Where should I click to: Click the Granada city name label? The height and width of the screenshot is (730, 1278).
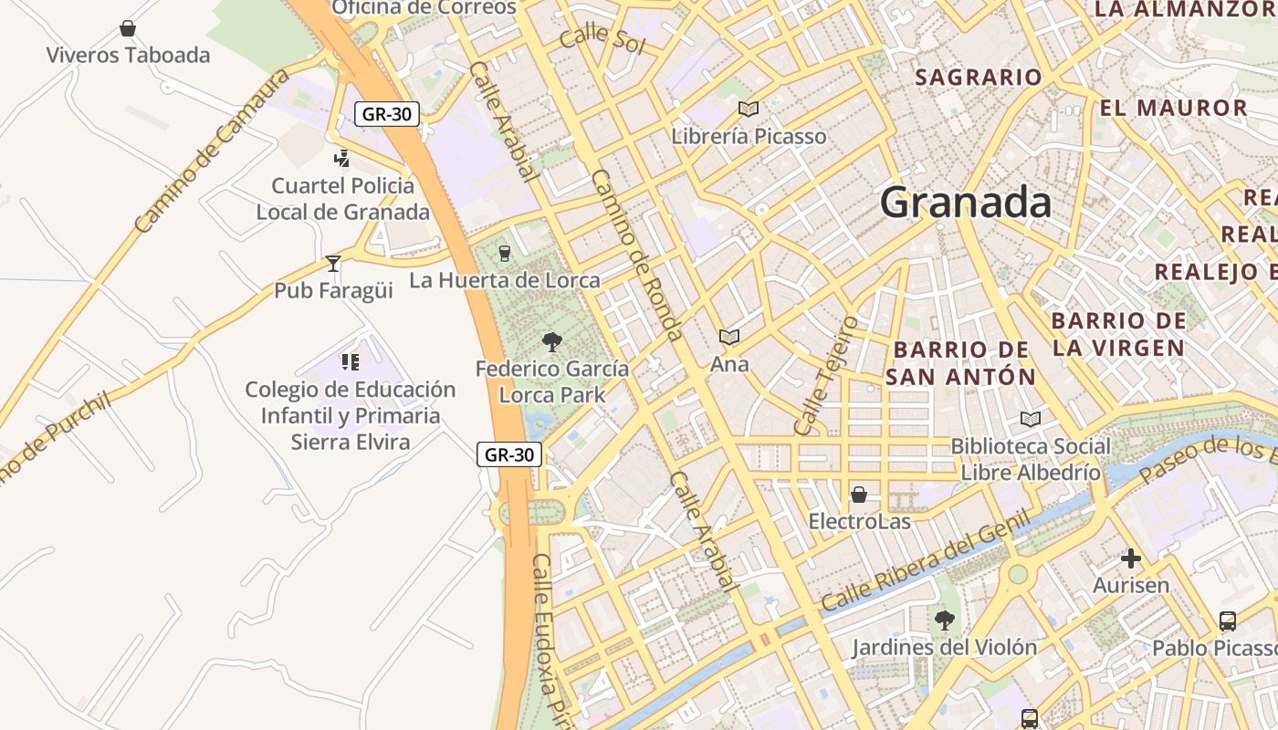[x=965, y=202]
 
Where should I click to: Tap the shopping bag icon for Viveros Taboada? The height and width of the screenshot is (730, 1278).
[x=128, y=28]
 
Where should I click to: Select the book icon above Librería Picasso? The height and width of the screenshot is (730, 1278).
[x=749, y=109]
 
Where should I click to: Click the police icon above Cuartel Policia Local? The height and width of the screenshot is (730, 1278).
[x=342, y=159]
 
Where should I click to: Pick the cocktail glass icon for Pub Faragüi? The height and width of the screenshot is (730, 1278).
[x=333, y=264]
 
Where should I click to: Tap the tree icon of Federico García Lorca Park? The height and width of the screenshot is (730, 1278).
[x=551, y=342]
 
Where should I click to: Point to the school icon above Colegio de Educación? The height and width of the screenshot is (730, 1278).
[x=350, y=362]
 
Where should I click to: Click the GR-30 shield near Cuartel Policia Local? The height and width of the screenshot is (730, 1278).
[x=387, y=114]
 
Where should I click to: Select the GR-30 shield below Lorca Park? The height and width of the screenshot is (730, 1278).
[x=509, y=454]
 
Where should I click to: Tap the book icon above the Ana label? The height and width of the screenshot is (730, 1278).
[x=728, y=338]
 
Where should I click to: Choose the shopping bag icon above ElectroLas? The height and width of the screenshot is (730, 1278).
[x=859, y=495]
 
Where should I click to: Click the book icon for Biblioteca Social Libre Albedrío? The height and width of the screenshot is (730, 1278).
[x=1031, y=419]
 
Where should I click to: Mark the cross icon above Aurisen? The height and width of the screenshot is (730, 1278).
[x=1131, y=558]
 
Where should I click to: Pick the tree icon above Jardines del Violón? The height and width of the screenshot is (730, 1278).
[x=944, y=620]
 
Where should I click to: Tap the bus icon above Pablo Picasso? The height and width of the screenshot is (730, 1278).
[x=1228, y=621]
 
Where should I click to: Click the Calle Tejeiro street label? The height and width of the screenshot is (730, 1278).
[x=826, y=376]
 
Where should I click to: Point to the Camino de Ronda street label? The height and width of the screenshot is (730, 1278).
[x=637, y=255]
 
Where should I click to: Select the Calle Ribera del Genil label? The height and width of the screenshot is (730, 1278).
[x=925, y=561]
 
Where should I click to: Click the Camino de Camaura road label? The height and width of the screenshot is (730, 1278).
[x=210, y=151]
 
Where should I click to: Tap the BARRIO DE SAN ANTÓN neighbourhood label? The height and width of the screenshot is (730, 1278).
[x=960, y=363]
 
